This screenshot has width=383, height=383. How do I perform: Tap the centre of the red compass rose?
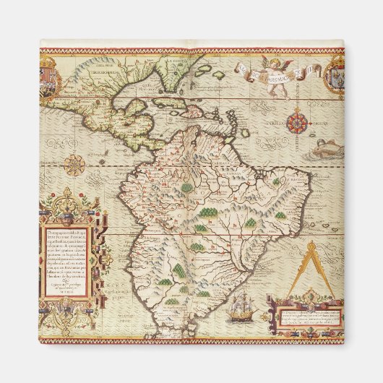[x=298, y=123]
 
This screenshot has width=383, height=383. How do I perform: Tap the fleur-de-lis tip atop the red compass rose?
[x=298, y=109]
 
